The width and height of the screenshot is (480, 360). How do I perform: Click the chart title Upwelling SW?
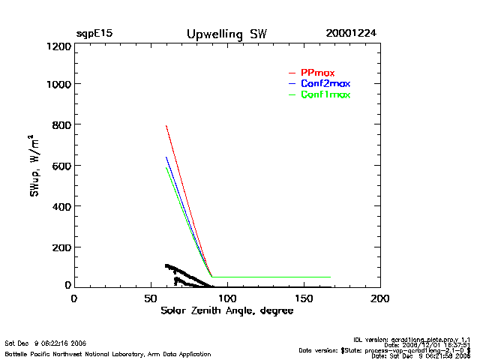tap(226, 34)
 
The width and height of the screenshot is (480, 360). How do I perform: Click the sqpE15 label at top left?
tap(94, 34)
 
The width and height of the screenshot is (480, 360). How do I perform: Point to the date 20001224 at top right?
tap(352, 34)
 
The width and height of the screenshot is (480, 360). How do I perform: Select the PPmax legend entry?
tap(317, 72)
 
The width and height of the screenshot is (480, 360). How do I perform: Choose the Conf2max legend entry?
tap(325, 83)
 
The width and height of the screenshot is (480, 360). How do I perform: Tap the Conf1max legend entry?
tap(325, 94)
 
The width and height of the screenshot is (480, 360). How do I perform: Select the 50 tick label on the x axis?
tap(150, 298)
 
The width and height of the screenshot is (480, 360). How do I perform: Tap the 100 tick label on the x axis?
tap(227, 298)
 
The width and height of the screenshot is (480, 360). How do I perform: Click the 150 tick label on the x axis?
tap(304, 298)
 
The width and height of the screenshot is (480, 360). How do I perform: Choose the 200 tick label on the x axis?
tap(380, 298)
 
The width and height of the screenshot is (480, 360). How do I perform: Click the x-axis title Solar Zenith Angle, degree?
tap(226, 310)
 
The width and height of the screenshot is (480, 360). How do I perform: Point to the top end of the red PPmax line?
tap(166, 125)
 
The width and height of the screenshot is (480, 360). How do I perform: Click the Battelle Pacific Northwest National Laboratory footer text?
tap(108, 353)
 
